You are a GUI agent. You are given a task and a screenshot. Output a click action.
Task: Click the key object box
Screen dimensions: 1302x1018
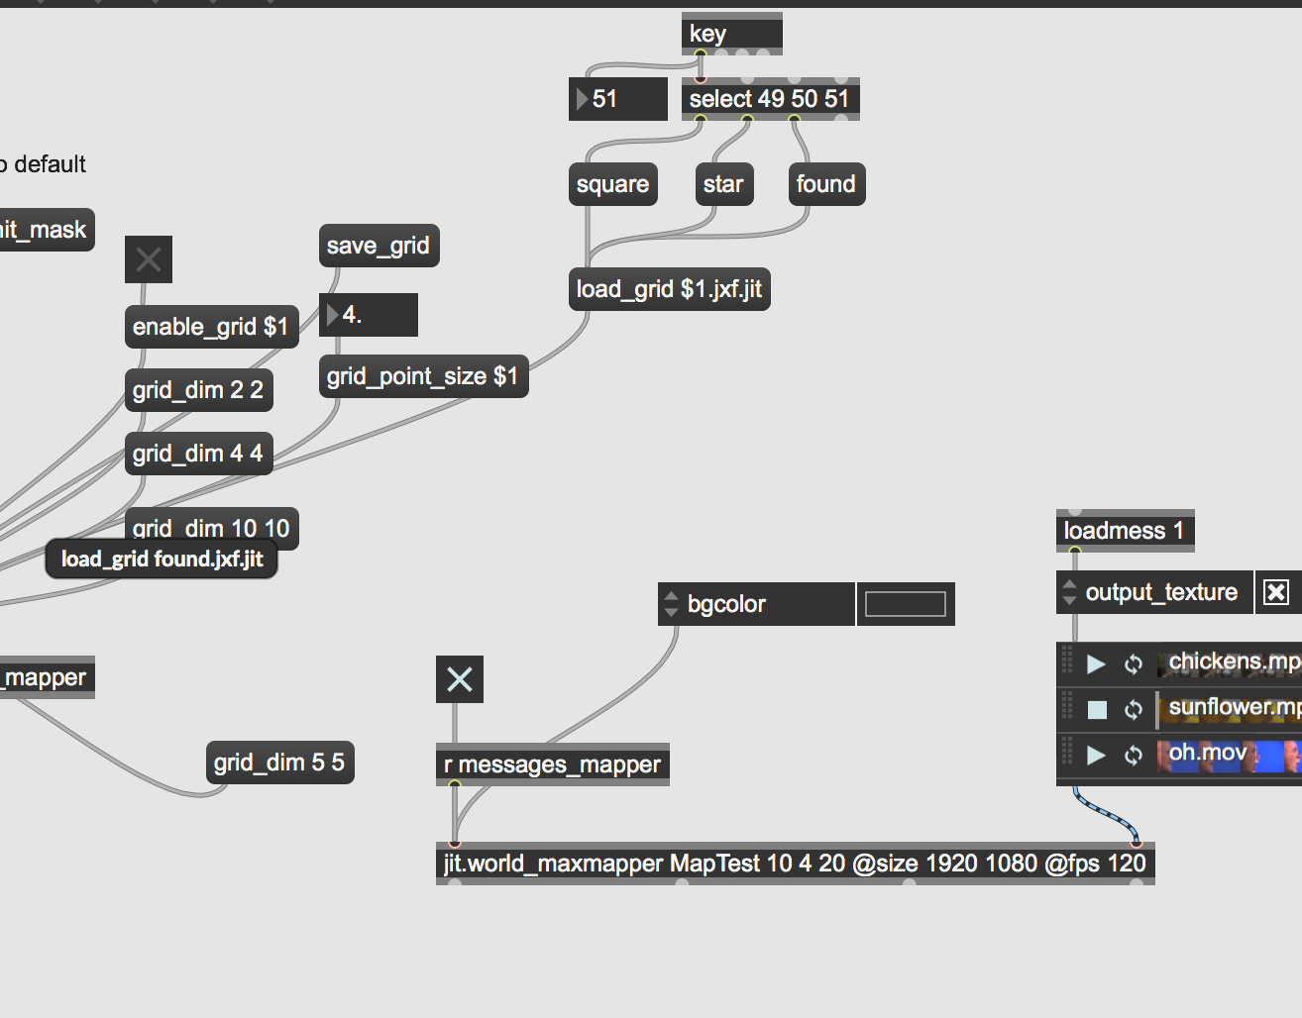[731, 34]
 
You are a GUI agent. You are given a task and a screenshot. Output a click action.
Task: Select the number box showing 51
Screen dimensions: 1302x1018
[617, 99]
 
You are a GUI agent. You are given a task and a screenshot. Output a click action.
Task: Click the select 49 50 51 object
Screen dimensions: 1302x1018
[770, 99]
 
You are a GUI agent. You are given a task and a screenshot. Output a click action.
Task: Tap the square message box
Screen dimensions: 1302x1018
[612, 184]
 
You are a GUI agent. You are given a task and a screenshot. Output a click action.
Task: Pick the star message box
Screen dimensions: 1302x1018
[723, 184]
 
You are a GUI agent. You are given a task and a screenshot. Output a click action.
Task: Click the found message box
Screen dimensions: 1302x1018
[825, 184]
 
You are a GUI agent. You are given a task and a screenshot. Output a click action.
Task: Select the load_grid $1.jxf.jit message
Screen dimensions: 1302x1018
[669, 289]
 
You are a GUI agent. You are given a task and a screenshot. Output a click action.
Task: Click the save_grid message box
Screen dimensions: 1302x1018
[378, 246]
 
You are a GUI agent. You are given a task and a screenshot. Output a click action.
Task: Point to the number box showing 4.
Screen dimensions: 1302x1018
[368, 315]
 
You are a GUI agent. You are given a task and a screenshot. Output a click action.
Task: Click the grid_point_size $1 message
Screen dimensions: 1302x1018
[422, 376]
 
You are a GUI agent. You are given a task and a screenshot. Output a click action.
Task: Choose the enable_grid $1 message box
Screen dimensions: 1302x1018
[210, 327]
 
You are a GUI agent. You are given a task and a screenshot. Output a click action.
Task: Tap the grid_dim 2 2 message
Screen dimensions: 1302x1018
[198, 390]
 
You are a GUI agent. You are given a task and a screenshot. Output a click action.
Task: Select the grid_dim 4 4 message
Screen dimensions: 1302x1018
[198, 454]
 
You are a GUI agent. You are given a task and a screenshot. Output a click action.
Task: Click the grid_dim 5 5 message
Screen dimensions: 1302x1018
[279, 763]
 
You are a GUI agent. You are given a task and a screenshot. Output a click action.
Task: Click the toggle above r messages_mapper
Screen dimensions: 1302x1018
[460, 679]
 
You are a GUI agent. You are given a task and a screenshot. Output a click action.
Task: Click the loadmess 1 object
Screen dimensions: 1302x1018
[1125, 531]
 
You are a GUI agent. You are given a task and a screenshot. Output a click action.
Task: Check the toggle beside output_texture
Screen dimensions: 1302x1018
[1276, 592]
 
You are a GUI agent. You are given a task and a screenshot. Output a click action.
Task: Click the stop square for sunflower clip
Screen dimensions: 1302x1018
[1097, 709]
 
